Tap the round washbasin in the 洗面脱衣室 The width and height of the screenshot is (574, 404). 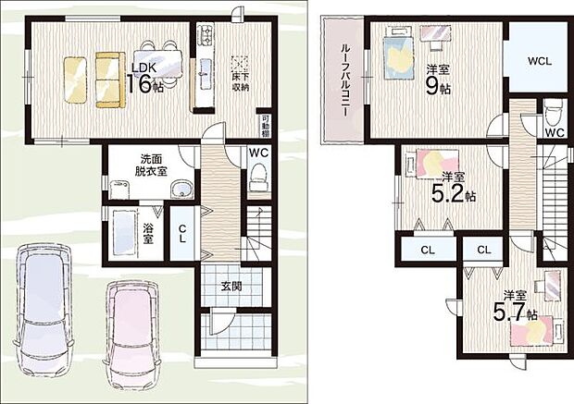click(182, 190)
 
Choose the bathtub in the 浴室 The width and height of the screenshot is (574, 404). click(119, 236)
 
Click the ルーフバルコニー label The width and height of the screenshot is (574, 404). click(343, 81)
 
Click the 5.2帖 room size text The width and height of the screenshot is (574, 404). click(454, 190)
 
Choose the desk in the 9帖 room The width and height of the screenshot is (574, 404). click(432, 34)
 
